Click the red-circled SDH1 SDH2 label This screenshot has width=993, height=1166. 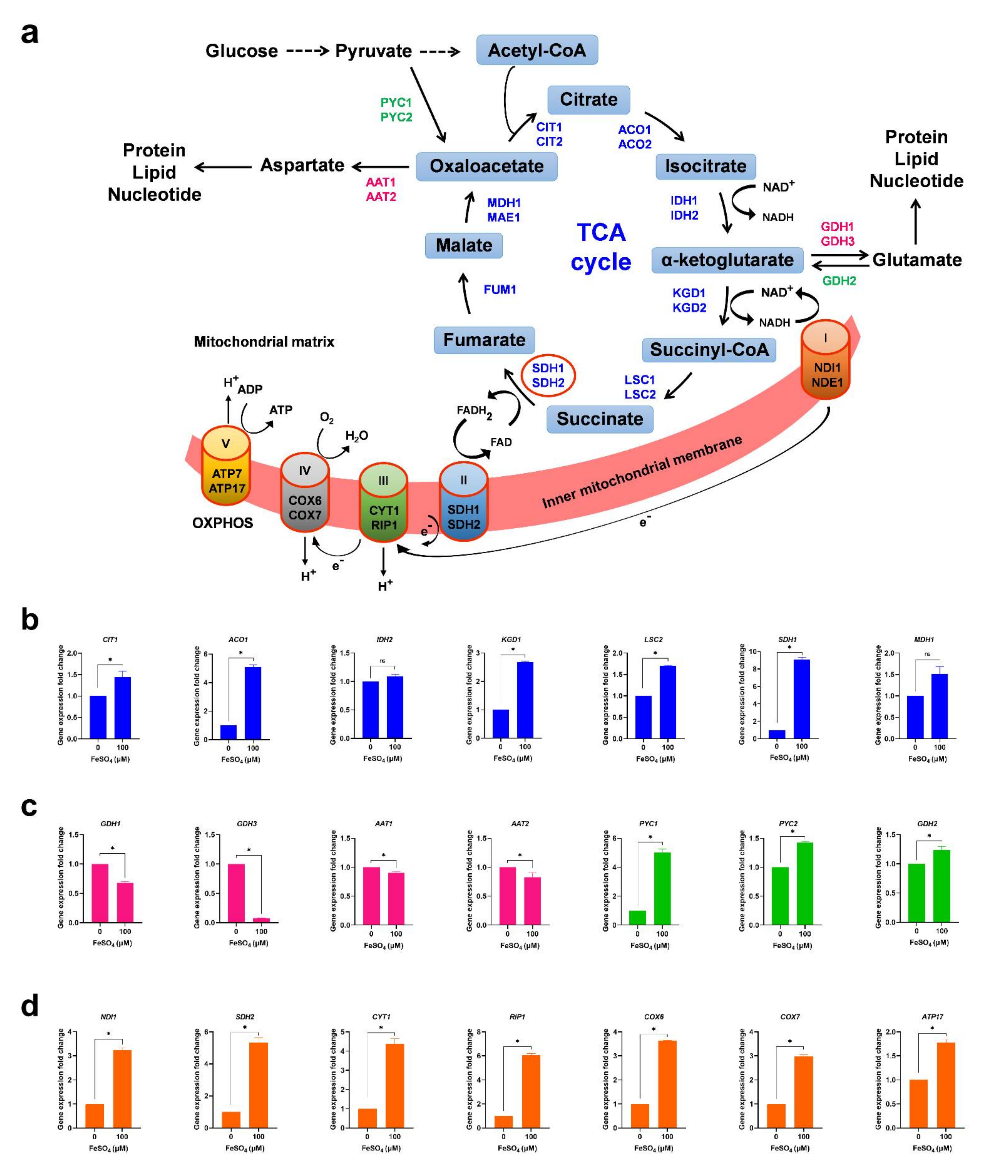(548, 375)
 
